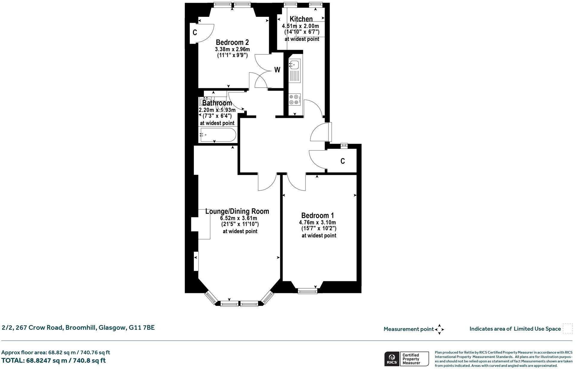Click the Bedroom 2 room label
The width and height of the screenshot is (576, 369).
(x=232, y=42)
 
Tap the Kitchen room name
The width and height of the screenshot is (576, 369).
(x=301, y=19)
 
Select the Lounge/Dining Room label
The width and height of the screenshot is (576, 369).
(x=237, y=211)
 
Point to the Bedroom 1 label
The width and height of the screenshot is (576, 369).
(x=317, y=215)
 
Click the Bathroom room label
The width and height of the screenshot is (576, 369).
(x=217, y=103)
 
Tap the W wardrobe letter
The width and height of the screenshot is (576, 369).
(x=277, y=70)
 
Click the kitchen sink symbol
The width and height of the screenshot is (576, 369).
(x=294, y=64)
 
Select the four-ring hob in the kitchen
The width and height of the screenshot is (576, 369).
(x=294, y=99)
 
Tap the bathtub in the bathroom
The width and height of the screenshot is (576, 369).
(x=218, y=135)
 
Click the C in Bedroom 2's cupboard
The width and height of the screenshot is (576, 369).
(x=194, y=33)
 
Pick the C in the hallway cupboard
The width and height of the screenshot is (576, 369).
(x=343, y=161)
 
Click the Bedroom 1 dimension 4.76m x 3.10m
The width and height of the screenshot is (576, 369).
(x=317, y=223)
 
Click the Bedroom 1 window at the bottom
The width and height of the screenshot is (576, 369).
(x=307, y=291)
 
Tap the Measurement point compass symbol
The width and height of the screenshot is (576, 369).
(x=439, y=329)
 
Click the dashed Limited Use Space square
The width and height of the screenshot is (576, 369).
(x=567, y=328)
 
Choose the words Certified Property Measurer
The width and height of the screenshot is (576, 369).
(x=411, y=359)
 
